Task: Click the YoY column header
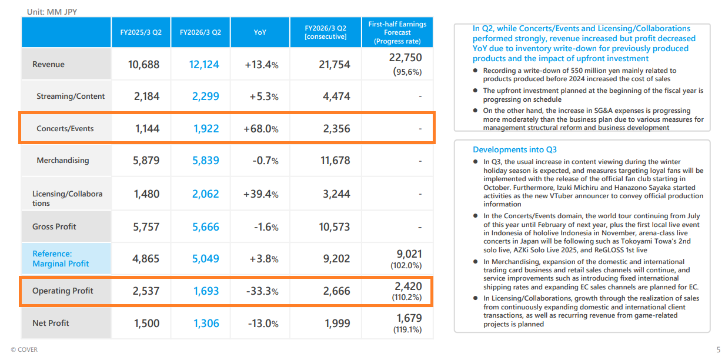[259, 32]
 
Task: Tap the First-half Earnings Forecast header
[397, 32]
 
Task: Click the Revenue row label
[49, 64]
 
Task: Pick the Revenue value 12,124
[204, 64]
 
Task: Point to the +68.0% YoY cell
[261, 128]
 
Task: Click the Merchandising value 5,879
[144, 160]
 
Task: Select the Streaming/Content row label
[71, 96]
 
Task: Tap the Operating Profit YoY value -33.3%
[261, 291]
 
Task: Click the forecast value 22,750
[405, 58]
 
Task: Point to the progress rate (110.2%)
[407, 298]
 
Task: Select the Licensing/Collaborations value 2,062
[204, 194]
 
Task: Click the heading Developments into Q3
[514, 149]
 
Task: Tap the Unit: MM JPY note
[52, 11]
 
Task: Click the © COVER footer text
[24, 349]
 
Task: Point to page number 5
[718, 350]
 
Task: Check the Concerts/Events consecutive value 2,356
[336, 128]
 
